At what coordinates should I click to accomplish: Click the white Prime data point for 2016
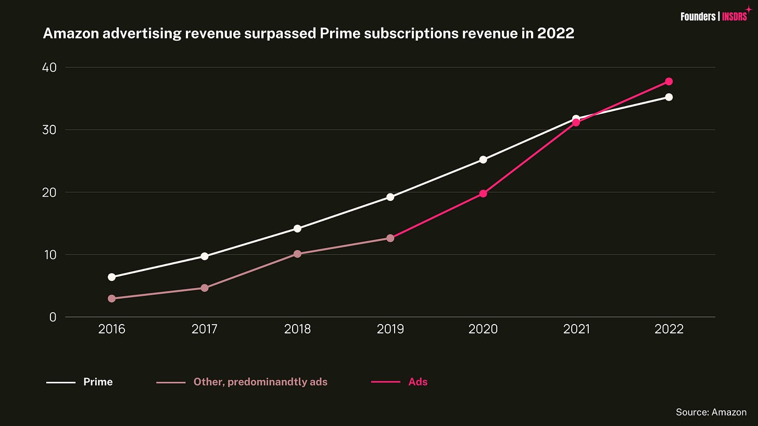(x=111, y=277)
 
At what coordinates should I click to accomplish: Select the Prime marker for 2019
(x=390, y=197)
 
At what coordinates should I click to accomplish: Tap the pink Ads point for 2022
(x=668, y=82)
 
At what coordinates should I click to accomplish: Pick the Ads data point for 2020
(x=483, y=193)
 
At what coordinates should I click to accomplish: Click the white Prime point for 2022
(x=668, y=97)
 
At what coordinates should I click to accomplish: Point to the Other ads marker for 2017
(x=204, y=288)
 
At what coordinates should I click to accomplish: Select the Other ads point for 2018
(x=297, y=254)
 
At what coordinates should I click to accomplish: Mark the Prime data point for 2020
(x=483, y=160)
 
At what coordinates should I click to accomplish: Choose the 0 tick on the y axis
(x=53, y=317)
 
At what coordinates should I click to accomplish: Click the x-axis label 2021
(x=576, y=329)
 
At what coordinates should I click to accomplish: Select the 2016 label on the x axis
(x=111, y=329)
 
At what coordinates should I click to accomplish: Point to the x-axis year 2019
(x=390, y=329)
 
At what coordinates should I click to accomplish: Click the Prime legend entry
(x=97, y=382)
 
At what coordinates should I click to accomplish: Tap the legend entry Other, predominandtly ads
(x=260, y=382)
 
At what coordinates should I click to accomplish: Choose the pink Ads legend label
(x=418, y=382)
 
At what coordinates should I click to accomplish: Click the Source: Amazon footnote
(x=711, y=412)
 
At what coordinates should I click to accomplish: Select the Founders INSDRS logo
(x=714, y=16)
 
